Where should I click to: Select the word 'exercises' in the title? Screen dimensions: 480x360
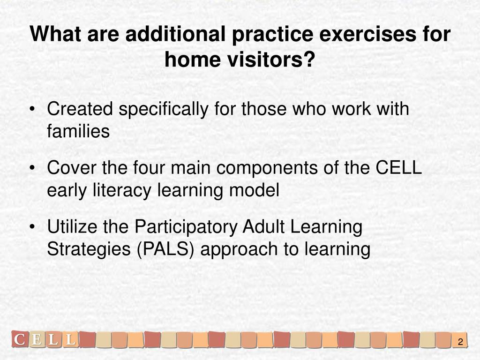point(367,34)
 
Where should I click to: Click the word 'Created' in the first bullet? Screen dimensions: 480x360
point(80,109)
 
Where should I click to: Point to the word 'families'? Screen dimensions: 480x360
point(78,131)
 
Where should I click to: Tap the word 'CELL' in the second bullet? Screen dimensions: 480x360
point(399,167)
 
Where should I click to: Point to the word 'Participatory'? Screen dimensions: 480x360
point(186,227)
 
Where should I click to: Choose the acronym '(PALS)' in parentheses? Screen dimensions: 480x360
point(165,249)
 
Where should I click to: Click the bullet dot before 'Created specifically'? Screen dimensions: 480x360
point(32,109)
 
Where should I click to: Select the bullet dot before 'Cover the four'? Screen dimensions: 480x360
point(32,168)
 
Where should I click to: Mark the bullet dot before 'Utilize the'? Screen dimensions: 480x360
point(32,227)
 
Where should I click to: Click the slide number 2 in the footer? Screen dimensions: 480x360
point(460,342)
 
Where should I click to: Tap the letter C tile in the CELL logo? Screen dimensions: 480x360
point(20,339)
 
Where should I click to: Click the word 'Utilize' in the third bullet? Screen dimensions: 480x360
point(72,226)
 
